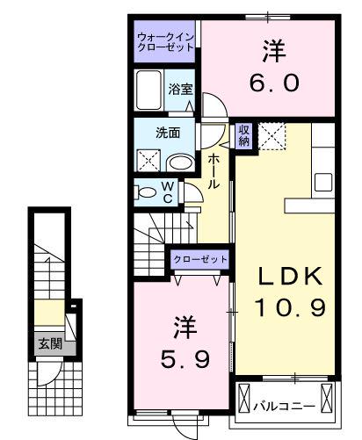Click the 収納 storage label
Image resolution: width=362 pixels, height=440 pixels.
[x=244, y=134]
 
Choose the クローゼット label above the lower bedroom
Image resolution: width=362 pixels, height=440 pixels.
[x=199, y=259]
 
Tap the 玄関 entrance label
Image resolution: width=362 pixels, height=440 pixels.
[x=49, y=344]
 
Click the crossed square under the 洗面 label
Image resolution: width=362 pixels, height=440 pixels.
[x=148, y=159]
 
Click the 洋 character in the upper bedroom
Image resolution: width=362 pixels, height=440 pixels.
[x=270, y=50]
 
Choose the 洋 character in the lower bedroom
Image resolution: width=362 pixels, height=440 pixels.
[x=184, y=327]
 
